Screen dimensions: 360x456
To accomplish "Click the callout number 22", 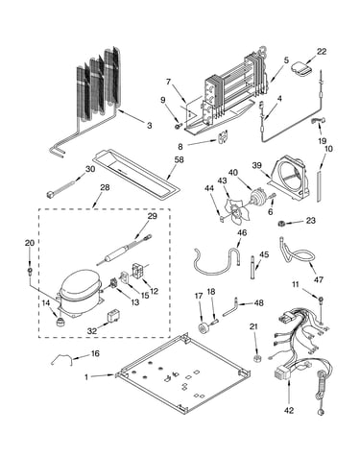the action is pyautogui.click(x=322, y=52).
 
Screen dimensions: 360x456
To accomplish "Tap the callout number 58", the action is pyautogui.click(x=179, y=159).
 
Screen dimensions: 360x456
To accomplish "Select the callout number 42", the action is pyautogui.click(x=289, y=411).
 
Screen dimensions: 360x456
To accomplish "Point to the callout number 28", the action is pyautogui.click(x=105, y=187).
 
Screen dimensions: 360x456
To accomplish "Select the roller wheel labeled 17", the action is pyautogui.click(x=204, y=328).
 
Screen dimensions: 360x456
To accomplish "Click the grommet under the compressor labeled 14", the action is pyautogui.click(x=59, y=322).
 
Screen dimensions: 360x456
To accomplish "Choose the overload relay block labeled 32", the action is pyautogui.click(x=113, y=315).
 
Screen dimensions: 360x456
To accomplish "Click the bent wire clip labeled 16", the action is pyautogui.click(x=61, y=359).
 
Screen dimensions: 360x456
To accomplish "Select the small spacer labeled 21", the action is pyautogui.click(x=256, y=358).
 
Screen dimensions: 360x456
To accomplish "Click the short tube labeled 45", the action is pyautogui.click(x=252, y=267).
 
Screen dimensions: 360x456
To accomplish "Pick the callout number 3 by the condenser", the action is pyautogui.click(x=150, y=126).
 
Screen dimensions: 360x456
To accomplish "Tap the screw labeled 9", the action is pyautogui.click(x=177, y=127).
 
